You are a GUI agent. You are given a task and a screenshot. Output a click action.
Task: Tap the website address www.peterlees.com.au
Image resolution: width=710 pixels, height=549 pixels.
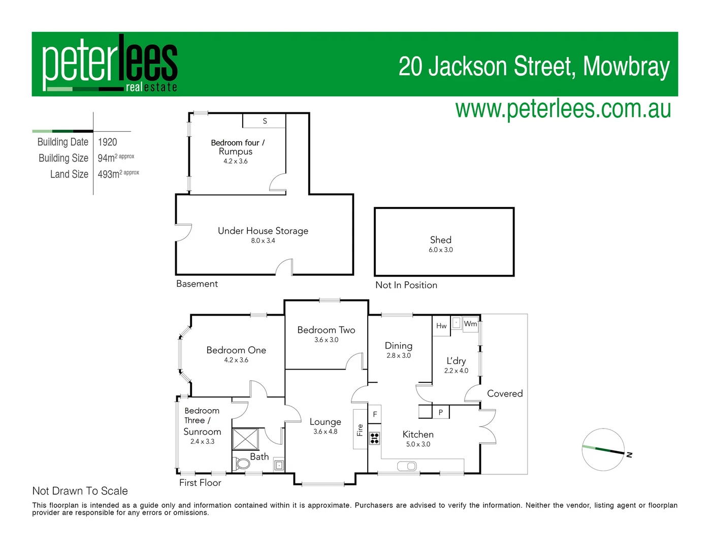(563, 109)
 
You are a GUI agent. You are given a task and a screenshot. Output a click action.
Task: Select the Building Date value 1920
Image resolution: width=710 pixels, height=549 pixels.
(107, 142)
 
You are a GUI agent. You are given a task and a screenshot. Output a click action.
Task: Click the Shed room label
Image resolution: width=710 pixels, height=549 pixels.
(440, 240)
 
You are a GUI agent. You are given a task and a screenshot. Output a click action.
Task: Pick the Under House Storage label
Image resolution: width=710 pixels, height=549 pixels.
(263, 231)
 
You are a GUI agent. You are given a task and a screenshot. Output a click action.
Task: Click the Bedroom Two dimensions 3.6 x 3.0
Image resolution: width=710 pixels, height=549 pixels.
(326, 340)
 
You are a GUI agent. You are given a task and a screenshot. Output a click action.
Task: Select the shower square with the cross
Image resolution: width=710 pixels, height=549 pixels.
(245, 439)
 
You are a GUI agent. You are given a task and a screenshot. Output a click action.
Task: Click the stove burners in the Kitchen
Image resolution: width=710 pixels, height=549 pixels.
(374, 438)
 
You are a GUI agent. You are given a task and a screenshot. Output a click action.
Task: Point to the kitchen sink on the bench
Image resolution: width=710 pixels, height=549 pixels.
(406, 466)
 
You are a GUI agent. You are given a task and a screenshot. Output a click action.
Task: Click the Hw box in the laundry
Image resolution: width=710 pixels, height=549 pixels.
(441, 326)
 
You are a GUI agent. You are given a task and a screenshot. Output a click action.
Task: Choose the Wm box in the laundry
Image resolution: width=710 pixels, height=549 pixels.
(470, 324)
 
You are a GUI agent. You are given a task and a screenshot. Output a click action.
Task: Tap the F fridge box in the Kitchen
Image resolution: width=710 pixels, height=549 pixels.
(375, 414)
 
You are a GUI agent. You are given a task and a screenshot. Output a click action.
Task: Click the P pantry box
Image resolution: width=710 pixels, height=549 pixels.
(440, 412)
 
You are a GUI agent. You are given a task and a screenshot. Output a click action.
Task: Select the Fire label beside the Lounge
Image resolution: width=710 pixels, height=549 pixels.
(360, 430)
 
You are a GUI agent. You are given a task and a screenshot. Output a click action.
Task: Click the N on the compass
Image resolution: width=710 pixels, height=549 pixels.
(629, 455)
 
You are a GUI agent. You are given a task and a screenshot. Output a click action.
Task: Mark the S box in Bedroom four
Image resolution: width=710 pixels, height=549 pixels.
(265, 121)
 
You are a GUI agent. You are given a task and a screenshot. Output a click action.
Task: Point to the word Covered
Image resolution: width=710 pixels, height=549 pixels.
(504, 393)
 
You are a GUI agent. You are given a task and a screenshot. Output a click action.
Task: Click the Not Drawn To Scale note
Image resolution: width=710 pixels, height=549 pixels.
(80, 491)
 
